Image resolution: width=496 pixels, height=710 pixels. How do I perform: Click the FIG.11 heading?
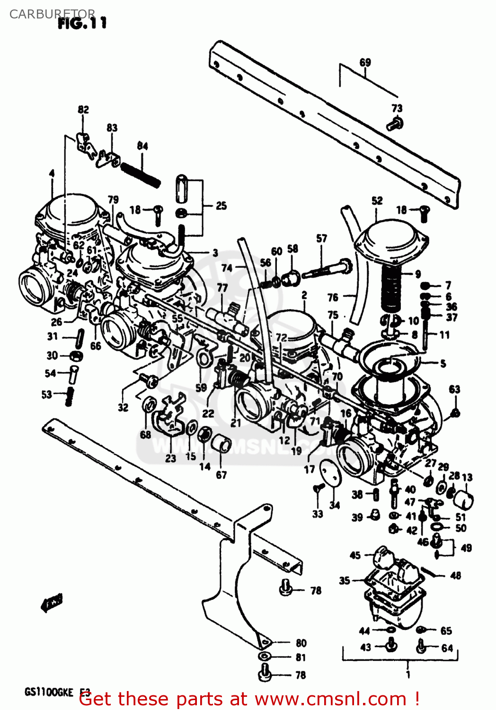[82, 23]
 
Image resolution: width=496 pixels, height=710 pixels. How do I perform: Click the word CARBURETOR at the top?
[52, 14]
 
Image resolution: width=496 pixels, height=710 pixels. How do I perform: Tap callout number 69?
[365, 62]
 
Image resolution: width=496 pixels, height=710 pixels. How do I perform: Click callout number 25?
[221, 206]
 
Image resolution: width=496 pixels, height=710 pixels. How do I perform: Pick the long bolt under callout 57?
[327, 269]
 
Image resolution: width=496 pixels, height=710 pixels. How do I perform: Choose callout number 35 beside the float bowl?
[345, 580]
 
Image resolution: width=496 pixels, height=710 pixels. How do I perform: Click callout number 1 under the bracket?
[408, 674]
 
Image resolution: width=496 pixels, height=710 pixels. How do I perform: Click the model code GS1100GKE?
[49, 692]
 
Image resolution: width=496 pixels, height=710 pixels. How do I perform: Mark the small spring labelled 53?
[70, 396]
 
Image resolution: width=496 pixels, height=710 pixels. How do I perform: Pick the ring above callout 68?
[150, 405]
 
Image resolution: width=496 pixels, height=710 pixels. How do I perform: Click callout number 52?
[377, 200]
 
